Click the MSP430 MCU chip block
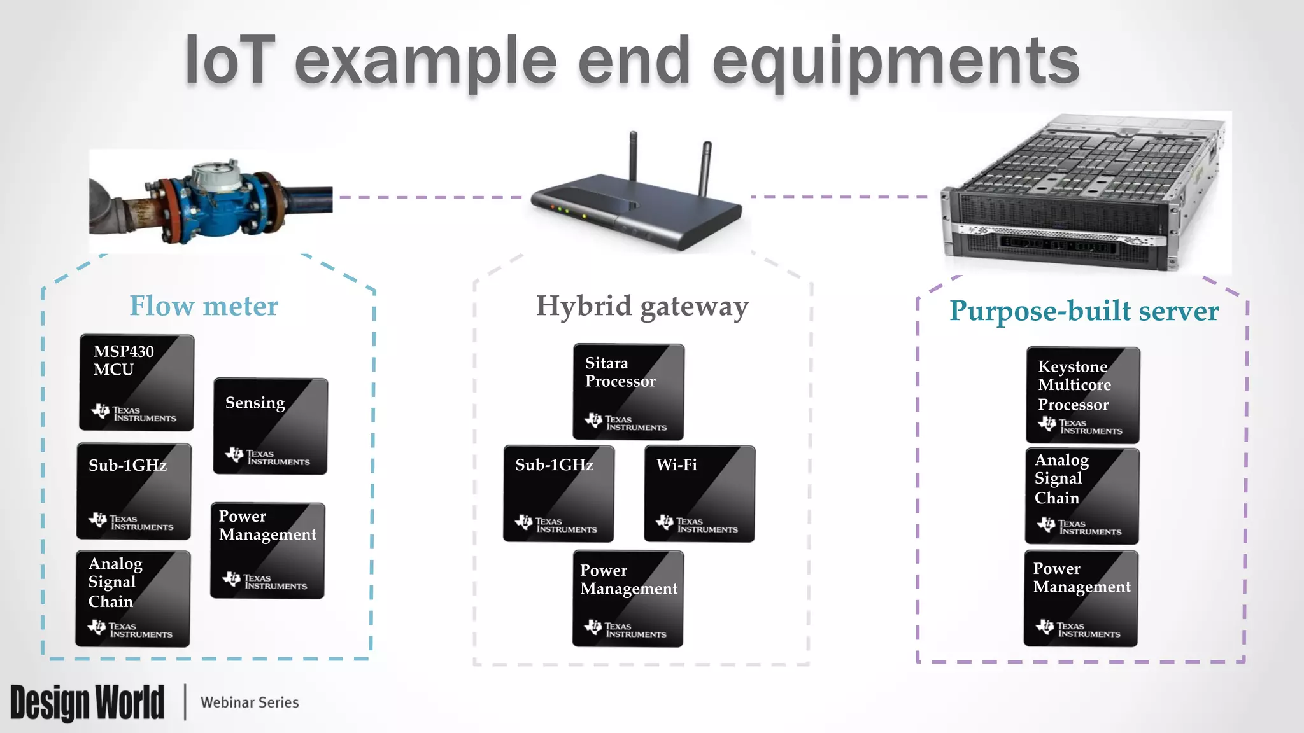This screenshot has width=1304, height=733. click(136, 382)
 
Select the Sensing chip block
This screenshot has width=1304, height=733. click(270, 426)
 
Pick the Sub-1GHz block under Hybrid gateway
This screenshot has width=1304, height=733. click(558, 494)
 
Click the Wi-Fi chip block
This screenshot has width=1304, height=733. click(699, 494)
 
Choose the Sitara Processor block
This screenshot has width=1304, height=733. click(628, 392)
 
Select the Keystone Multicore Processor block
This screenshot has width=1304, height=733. click(1082, 394)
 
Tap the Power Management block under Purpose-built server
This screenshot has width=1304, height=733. click(1081, 598)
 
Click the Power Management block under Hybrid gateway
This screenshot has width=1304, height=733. click(628, 599)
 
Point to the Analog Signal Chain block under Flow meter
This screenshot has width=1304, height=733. click(132, 599)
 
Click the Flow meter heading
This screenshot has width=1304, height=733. click(204, 306)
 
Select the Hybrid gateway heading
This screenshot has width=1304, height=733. click(642, 307)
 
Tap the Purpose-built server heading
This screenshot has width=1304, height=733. click(1084, 311)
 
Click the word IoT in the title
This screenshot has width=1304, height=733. click(229, 61)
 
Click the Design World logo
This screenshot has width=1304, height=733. click(87, 702)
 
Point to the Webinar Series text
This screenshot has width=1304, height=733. click(250, 702)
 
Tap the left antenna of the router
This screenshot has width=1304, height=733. click(633, 156)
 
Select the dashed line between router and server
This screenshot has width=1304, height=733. click(839, 197)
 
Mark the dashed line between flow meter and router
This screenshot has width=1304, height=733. click(430, 197)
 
